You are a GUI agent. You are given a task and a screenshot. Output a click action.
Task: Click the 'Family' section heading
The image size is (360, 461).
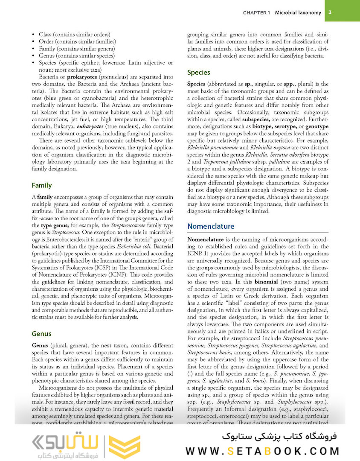[41, 185]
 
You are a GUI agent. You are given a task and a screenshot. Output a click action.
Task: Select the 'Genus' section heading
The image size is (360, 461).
[41, 334]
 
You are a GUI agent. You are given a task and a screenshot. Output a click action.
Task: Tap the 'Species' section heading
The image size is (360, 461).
[199, 73]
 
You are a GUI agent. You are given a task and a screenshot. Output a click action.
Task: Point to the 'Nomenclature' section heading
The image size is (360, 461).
[211, 226]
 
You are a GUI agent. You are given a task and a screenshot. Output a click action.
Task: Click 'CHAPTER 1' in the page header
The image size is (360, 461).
[257, 13]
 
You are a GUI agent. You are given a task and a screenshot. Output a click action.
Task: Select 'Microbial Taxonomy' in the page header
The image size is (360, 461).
[298, 13]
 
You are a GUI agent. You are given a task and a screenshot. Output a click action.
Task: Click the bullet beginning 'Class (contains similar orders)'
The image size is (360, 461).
[74, 34]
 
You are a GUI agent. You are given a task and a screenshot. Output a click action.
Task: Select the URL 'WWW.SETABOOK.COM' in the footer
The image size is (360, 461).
[262, 451]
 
